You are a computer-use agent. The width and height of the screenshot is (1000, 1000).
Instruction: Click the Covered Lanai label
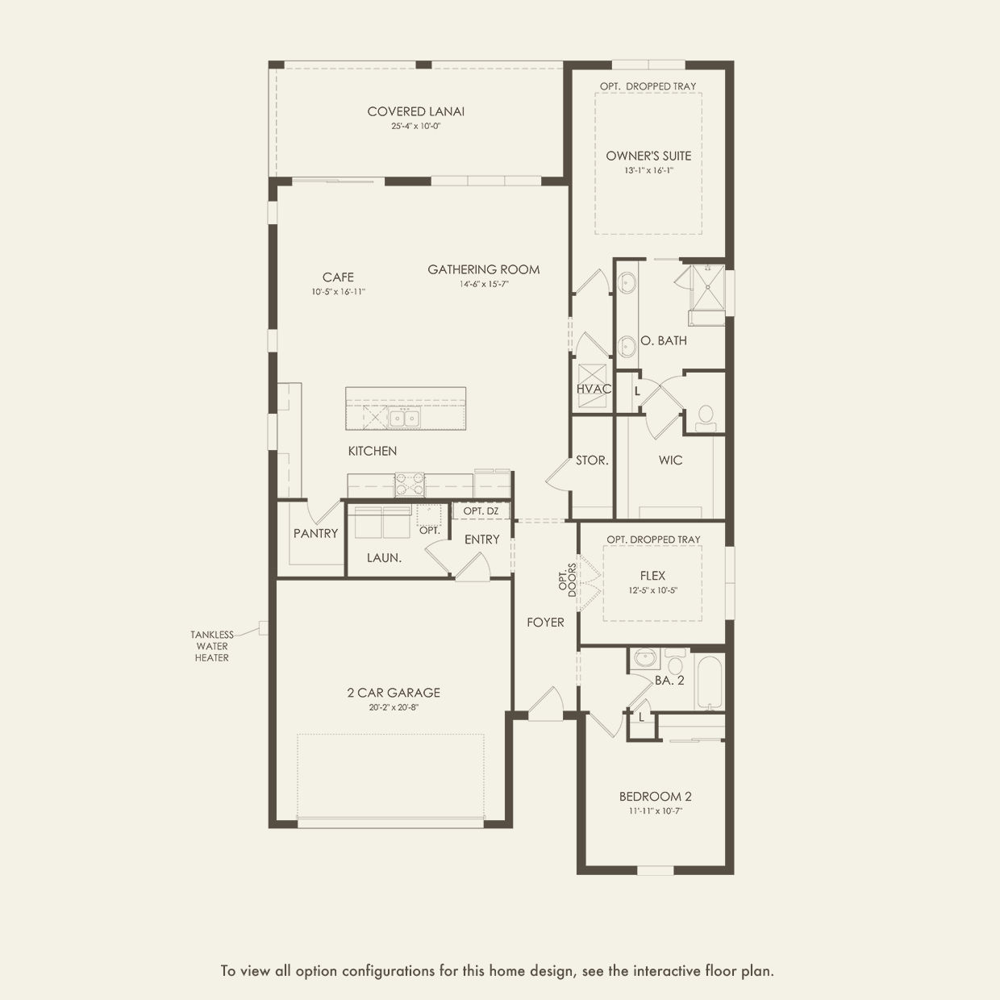(x=415, y=111)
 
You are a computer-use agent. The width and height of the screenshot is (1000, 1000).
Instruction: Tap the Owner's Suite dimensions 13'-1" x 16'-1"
(x=648, y=170)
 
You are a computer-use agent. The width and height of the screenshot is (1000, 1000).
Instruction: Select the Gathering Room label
(x=484, y=270)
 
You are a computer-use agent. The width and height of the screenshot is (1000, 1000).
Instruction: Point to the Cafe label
(x=338, y=277)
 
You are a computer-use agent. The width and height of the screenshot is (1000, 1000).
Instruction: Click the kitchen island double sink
(x=404, y=418)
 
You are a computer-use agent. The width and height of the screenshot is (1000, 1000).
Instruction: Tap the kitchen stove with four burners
(x=410, y=484)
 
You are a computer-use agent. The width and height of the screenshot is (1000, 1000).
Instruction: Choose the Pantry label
(x=315, y=534)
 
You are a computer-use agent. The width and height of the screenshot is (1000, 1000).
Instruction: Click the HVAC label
(x=594, y=390)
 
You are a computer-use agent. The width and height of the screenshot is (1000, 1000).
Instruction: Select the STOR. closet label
(x=592, y=460)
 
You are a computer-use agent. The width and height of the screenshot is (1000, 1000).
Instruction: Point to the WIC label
(x=670, y=460)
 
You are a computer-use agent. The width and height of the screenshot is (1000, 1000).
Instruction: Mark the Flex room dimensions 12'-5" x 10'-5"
(x=653, y=590)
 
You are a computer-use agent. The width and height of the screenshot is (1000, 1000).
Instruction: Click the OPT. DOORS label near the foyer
(x=568, y=580)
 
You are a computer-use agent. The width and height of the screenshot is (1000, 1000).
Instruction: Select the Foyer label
(x=545, y=623)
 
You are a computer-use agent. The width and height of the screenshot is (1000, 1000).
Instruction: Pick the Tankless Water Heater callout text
(x=212, y=646)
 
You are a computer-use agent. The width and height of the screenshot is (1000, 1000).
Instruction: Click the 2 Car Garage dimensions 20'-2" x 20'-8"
(x=394, y=707)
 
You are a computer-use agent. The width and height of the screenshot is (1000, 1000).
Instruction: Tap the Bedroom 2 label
(x=656, y=797)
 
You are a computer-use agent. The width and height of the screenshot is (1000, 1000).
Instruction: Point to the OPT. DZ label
(x=481, y=511)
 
